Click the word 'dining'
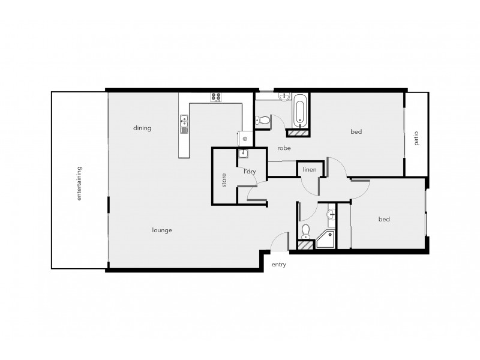(x=142, y=128)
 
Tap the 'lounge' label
(x=163, y=230)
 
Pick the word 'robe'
(x=284, y=148)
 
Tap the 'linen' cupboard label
(x=310, y=169)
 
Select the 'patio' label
(x=416, y=139)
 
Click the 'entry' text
(x=278, y=264)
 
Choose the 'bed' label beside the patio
(x=356, y=131)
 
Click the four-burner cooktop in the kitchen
(x=217, y=97)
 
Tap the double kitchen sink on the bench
(x=184, y=125)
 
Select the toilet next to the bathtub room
(x=262, y=120)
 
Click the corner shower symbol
(x=325, y=240)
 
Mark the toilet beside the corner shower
(x=306, y=230)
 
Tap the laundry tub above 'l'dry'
(x=245, y=153)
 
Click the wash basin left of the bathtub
(x=284, y=97)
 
